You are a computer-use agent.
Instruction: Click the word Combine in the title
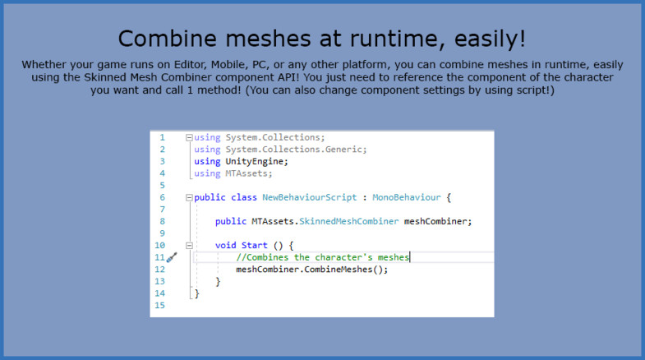[x=167, y=39]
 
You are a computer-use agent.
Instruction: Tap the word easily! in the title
[x=490, y=39]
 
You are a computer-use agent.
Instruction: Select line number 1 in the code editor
[x=162, y=137]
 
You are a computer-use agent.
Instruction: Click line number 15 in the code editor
[x=159, y=305]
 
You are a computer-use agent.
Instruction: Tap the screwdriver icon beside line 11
[x=172, y=257]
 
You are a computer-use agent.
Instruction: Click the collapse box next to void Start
[x=189, y=246]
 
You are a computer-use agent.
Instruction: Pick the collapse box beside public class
[x=189, y=197]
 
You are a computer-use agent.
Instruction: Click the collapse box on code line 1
[x=189, y=137]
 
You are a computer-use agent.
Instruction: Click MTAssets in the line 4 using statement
[x=246, y=173]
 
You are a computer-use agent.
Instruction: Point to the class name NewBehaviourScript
[x=309, y=197]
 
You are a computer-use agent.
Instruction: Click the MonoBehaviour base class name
[x=407, y=197]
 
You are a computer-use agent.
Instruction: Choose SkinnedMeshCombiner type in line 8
[x=349, y=221]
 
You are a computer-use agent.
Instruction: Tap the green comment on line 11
[x=322, y=257]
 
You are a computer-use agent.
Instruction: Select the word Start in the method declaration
[x=254, y=246]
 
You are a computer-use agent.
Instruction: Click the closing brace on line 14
[x=197, y=293]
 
